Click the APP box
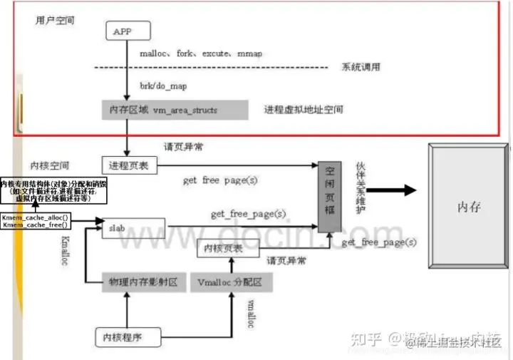pos(126,31)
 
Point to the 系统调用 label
pos(361,67)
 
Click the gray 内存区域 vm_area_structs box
pos(175,110)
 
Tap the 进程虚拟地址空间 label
pos(303,110)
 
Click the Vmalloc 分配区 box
pos(231,282)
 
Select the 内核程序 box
pos(126,335)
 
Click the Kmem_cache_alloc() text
pos(35,217)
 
